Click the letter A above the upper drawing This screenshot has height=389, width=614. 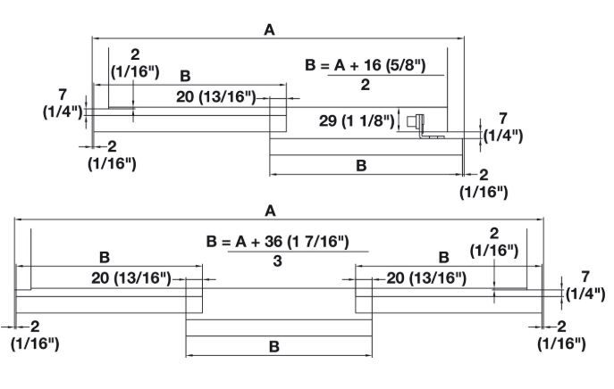(269, 29)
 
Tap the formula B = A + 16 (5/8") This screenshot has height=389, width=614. (365, 65)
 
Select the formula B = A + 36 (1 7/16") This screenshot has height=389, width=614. (276, 241)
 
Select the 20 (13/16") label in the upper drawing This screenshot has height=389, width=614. (215, 96)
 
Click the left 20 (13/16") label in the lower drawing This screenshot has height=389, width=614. (130, 278)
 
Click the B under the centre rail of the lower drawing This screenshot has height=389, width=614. (275, 345)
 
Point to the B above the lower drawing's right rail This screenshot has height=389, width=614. (443, 257)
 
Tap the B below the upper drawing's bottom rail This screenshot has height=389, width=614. (361, 165)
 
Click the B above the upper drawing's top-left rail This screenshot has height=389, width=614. (185, 75)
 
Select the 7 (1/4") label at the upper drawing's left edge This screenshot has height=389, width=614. (63, 103)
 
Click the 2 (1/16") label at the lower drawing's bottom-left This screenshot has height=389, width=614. (35, 335)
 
